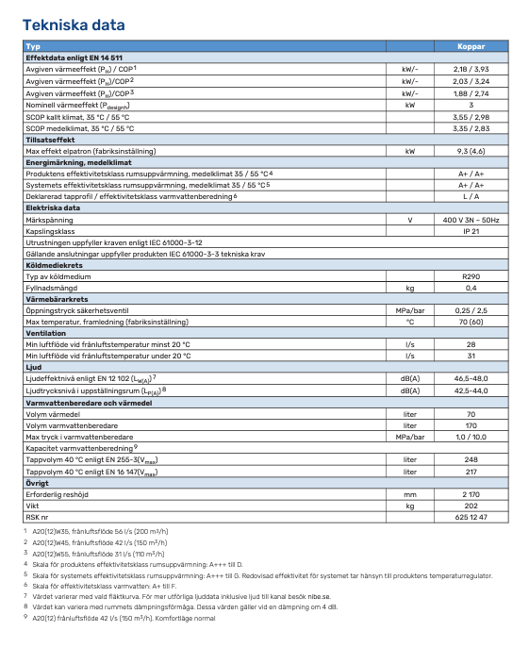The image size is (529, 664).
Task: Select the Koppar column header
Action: (x=471, y=46)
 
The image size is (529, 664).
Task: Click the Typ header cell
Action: (x=34, y=46)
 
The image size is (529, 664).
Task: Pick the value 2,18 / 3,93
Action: (x=471, y=69)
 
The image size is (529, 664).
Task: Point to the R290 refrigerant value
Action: (x=471, y=276)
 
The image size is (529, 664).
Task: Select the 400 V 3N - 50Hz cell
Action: (x=471, y=219)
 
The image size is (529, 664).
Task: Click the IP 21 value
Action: (x=471, y=230)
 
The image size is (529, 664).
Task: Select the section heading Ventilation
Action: (x=46, y=333)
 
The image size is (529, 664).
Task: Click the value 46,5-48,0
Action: (x=471, y=378)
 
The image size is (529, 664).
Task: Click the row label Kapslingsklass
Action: (x=52, y=230)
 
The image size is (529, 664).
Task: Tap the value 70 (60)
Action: (x=471, y=322)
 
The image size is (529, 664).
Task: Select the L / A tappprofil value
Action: (x=471, y=196)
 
